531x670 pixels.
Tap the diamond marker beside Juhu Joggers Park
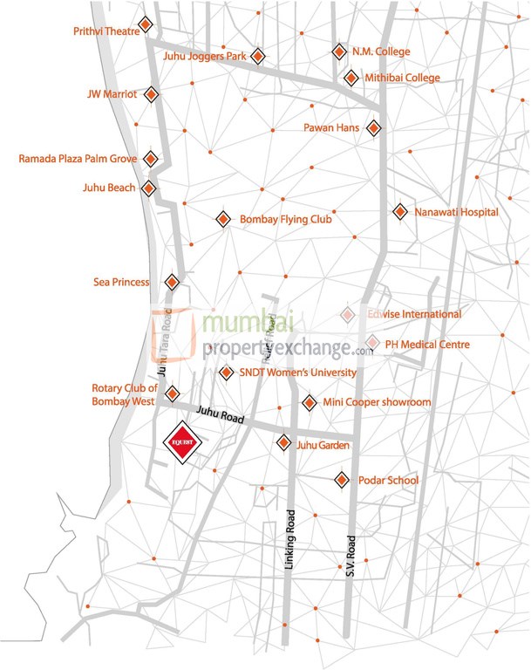[257, 57]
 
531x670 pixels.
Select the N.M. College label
[380, 51]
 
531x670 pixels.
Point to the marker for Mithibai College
[351, 79]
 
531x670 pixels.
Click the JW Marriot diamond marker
[152, 93]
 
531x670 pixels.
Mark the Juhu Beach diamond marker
[150, 188]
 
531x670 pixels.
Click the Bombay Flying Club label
[286, 220]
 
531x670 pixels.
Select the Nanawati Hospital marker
[400, 211]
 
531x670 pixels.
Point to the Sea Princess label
[121, 282]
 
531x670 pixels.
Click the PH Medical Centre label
[427, 345]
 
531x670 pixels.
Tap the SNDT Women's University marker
[224, 373]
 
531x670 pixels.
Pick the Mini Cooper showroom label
[377, 402]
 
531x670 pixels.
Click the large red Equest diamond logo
[184, 442]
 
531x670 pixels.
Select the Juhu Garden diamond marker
[283, 443]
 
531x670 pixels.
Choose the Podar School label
[389, 481]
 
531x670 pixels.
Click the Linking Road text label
[290, 541]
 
